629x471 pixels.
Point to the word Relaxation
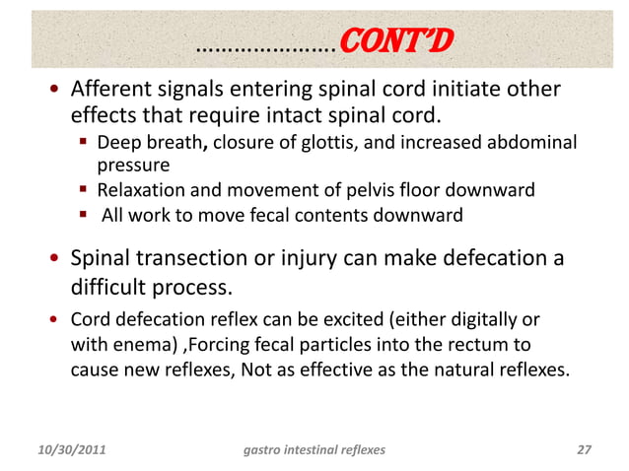pyautogui.click(x=146, y=189)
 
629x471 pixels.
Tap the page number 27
pyautogui.click(x=583, y=451)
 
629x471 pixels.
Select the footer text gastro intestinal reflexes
pyautogui.click(x=314, y=451)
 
